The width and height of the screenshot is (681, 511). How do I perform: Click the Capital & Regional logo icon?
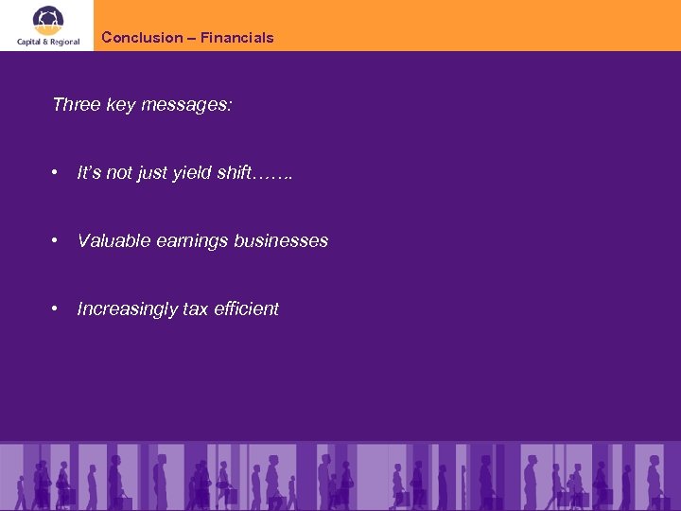[47, 18]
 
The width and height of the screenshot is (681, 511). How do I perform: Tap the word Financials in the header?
[237, 38]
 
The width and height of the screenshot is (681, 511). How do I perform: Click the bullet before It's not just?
[57, 173]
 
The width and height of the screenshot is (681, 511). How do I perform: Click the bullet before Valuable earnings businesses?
[57, 241]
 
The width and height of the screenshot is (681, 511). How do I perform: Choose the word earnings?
[193, 241]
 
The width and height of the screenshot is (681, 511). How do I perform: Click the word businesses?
[282, 241]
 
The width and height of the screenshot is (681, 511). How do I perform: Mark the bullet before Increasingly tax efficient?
[57, 309]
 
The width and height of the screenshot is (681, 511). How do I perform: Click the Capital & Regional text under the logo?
[47, 41]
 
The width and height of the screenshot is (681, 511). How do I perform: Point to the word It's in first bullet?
[89, 173]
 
